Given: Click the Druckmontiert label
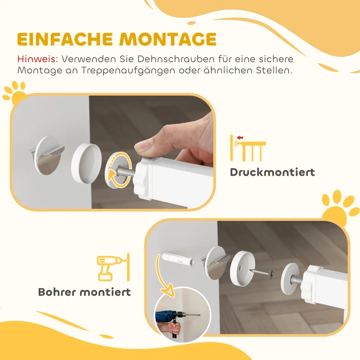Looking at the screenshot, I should click(272, 172).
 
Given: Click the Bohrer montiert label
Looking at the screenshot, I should click(85, 292).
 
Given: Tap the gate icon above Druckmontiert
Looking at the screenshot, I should click(247, 147).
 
